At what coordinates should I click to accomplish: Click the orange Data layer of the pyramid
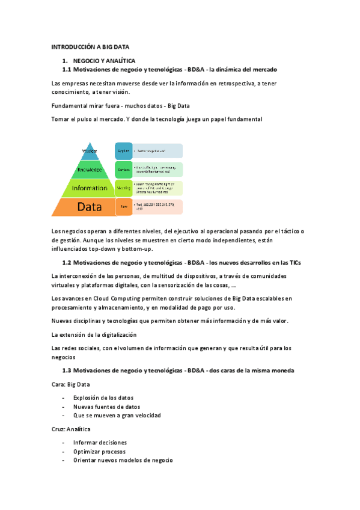pyautogui.click(x=90, y=207)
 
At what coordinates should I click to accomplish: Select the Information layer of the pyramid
pyautogui.click(x=90, y=188)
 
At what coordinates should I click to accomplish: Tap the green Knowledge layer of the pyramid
pyautogui.click(x=90, y=170)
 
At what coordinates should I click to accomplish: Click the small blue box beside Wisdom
pyautogui.click(x=123, y=151)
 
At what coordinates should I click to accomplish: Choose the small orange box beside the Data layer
pyautogui.click(x=123, y=207)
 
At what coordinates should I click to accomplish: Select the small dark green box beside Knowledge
pyautogui.click(x=123, y=170)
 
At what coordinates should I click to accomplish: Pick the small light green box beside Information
pyautogui.click(x=123, y=188)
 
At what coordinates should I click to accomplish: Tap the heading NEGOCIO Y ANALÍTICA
pyautogui.click(x=104, y=61)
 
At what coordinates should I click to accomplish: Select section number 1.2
pyautogui.click(x=67, y=263)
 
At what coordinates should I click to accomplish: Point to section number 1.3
pyautogui.click(x=67, y=370)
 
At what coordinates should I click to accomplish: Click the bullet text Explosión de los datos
pyautogui.click(x=103, y=398)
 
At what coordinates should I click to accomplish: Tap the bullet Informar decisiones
pyautogui.click(x=100, y=443)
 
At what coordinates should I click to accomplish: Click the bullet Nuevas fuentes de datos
pyautogui.click(x=106, y=407)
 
